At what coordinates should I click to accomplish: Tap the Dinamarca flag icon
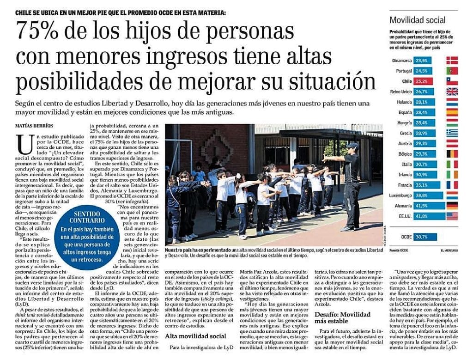click(x=452, y=60)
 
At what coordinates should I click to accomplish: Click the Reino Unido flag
click(x=452, y=92)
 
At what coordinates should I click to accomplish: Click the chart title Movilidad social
click(x=418, y=20)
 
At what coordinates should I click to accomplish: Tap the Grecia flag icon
click(x=452, y=133)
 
